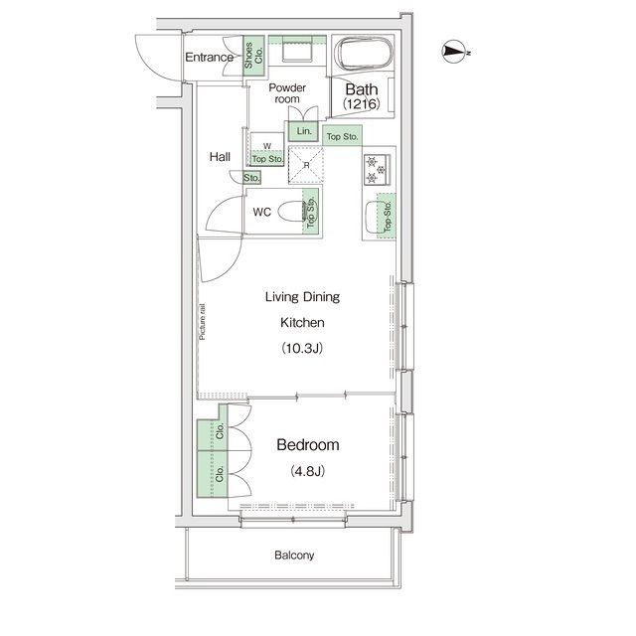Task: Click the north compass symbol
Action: (x=455, y=52)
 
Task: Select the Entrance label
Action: (x=209, y=58)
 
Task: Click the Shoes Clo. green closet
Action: (x=254, y=56)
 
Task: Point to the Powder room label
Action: (x=287, y=93)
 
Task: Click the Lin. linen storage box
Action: (x=303, y=131)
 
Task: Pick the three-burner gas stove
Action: (x=377, y=170)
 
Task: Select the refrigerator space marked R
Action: (x=306, y=165)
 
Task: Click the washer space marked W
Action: (x=267, y=149)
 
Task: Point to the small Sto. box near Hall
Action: (x=251, y=178)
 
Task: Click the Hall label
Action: (x=220, y=157)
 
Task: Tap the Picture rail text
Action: (x=202, y=322)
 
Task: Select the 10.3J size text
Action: (x=302, y=348)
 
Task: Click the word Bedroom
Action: (x=308, y=445)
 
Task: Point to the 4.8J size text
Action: (x=307, y=471)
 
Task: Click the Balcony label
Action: (x=294, y=555)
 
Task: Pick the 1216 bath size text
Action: (x=362, y=104)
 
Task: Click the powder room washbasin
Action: (x=297, y=51)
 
